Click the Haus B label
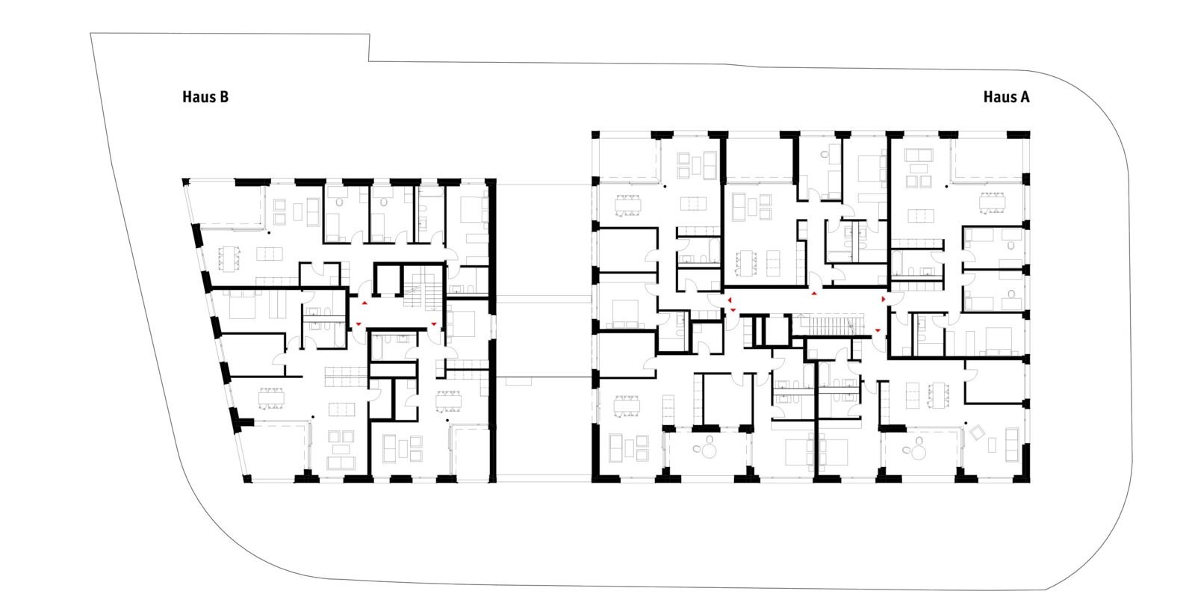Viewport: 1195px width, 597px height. click(205, 97)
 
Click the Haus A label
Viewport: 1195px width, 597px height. click(1006, 97)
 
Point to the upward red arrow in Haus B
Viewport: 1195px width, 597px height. click(364, 304)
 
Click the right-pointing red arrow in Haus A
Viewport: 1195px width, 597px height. click(884, 299)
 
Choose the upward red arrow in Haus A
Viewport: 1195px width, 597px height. click(813, 294)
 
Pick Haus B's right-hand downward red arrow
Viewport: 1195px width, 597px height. click(434, 324)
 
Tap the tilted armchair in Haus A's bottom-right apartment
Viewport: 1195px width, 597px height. click(978, 431)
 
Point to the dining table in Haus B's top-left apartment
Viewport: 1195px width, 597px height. click(229, 259)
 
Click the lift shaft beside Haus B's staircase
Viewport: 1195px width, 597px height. click(388, 281)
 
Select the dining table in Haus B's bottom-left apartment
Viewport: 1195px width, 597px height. click(273, 398)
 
